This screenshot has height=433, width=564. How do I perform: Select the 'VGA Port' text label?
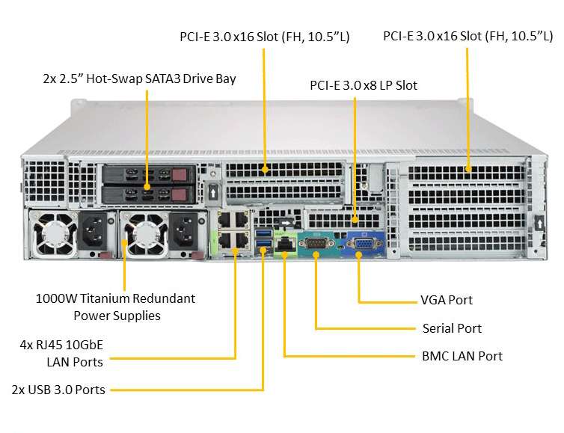tap(447, 300)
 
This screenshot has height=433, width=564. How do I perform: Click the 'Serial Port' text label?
tap(452, 328)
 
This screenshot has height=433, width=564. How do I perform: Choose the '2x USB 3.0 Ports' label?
tap(58, 390)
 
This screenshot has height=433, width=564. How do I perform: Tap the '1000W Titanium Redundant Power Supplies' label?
tap(116, 307)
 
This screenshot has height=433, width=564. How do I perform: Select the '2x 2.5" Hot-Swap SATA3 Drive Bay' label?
tap(140, 78)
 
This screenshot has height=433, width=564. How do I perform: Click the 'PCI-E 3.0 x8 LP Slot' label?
tap(364, 85)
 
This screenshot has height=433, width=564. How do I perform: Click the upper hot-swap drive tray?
tap(147, 176)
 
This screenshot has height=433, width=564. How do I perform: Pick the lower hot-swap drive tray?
tap(147, 195)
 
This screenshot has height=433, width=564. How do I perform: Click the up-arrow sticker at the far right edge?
tap(539, 222)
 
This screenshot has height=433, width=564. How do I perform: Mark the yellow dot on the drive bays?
tap(147, 186)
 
